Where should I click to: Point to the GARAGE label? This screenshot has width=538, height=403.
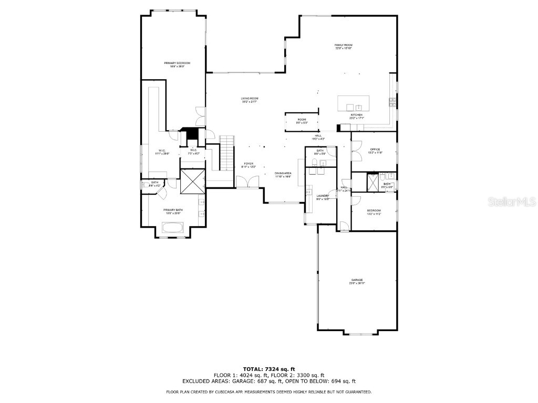357,281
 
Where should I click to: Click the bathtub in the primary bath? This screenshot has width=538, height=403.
173,228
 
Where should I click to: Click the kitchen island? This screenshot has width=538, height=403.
354,103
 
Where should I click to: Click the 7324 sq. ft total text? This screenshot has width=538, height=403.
269,369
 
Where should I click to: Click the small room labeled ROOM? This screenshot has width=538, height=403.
302,121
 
